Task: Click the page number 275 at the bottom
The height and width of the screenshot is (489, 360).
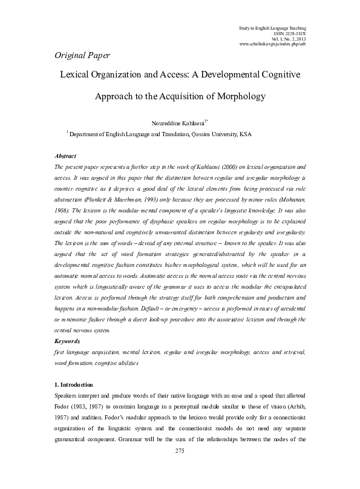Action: (x=179, y=468)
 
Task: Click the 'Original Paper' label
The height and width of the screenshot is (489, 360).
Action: (x=78, y=56)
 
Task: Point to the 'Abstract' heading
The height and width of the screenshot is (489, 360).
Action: (x=65, y=156)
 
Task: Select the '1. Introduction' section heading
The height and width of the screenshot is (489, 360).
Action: (x=73, y=384)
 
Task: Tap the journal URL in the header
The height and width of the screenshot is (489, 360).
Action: (x=273, y=45)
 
